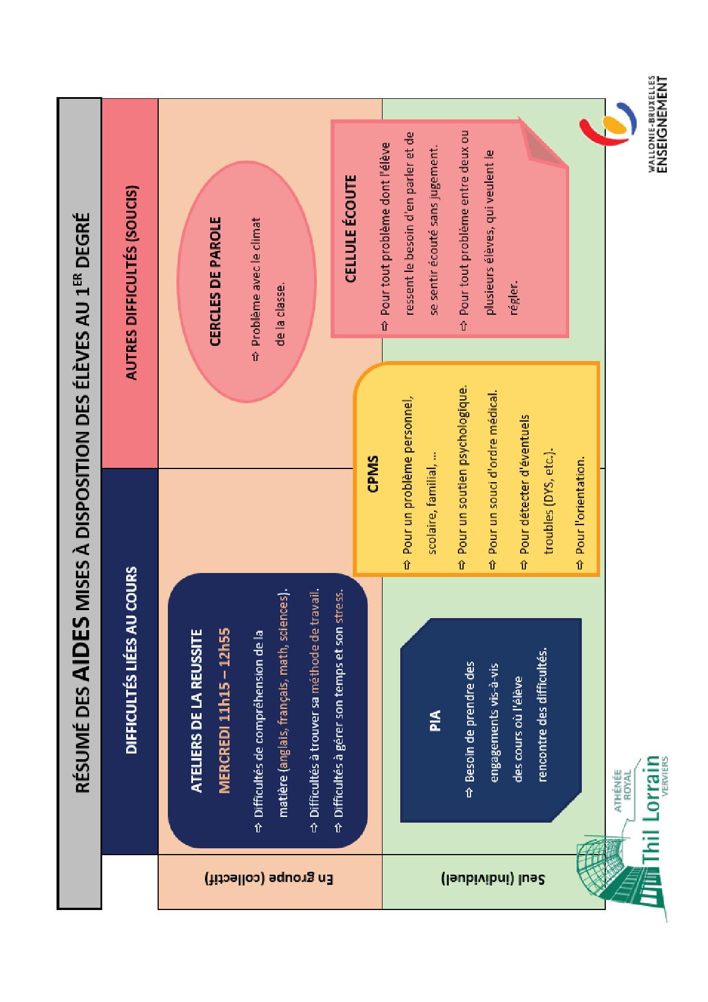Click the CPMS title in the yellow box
[x=373, y=474]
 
